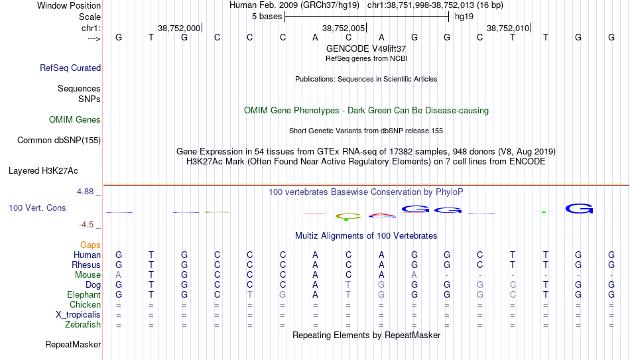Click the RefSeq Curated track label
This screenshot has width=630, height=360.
(x=70, y=68)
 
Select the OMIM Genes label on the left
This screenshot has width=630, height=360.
(x=75, y=120)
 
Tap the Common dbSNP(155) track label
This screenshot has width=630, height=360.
(x=59, y=141)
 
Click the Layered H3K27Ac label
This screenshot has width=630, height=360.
(x=43, y=171)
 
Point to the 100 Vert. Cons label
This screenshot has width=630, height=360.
(x=37, y=208)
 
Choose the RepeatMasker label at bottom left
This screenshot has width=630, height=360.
(x=73, y=344)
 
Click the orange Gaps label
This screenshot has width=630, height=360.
(x=90, y=245)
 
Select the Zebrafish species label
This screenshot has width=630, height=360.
(x=83, y=324)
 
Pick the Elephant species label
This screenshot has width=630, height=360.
(x=84, y=294)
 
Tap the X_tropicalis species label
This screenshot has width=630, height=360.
(x=78, y=315)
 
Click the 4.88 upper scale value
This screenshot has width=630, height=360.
(x=85, y=192)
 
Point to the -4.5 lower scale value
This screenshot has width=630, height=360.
(x=86, y=225)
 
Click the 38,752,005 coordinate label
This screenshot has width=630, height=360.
(x=344, y=28)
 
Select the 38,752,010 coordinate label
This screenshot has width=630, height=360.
(x=508, y=28)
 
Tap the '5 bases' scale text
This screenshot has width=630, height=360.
(x=267, y=17)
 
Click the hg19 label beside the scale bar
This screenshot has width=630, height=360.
(x=464, y=17)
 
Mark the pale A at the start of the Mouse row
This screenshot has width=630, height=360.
(x=118, y=275)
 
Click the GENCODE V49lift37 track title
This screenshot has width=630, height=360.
(x=366, y=48)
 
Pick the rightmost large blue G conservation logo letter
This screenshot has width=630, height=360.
(x=579, y=209)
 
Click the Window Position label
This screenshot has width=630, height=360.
(x=69, y=5)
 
